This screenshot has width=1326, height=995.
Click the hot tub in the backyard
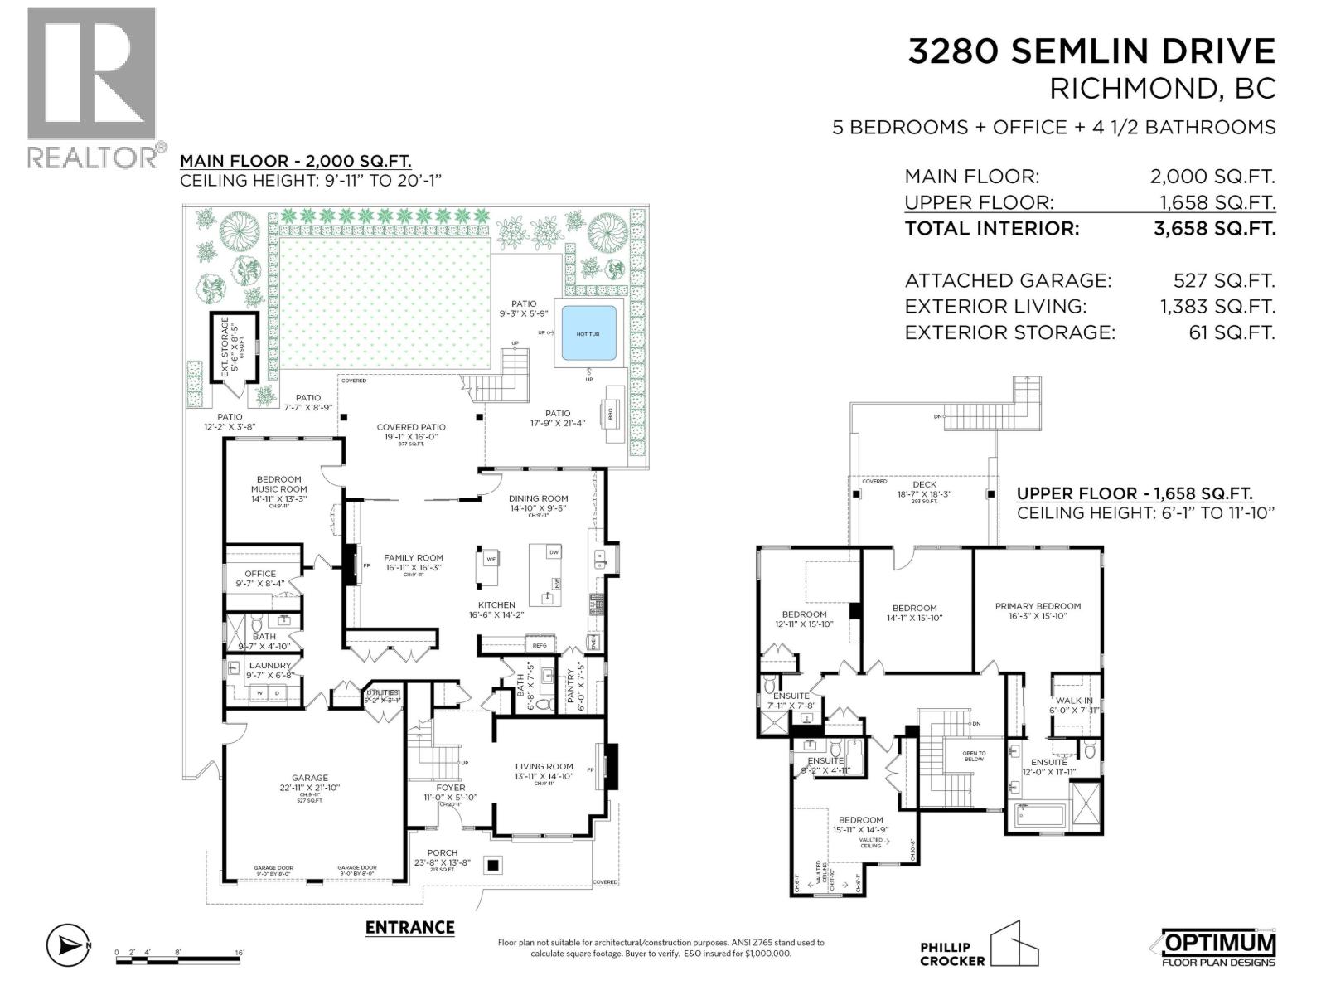pyautogui.click(x=588, y=333)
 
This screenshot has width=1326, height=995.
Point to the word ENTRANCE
pyautogui.click(x=410, y=927)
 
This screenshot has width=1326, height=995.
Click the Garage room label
pyautogui.click(x=310, y=778)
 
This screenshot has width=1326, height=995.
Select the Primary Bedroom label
pyautogui.click(x=1038, y=606)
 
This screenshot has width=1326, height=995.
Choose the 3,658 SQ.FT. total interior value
pyautogui.click(x=1214, y=228)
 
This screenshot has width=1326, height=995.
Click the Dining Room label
pyautogui.click(x=538, y=498)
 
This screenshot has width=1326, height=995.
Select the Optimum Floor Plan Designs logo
pyautogui.click(x=1212, y=948)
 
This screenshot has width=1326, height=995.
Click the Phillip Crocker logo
pyautogui.click(x=978, y=954)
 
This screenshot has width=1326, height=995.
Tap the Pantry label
pyautogui.click(x=571, y=687)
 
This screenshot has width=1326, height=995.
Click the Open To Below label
pyautogui.click(x=974, y=755)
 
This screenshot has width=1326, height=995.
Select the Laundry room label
pyautogui.click(x=270, y=665)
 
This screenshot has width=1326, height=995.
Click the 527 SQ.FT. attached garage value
pyautogui.click(x=1217, y=280)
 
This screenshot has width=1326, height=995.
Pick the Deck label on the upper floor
pyautogui.click(x=924, y=484)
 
